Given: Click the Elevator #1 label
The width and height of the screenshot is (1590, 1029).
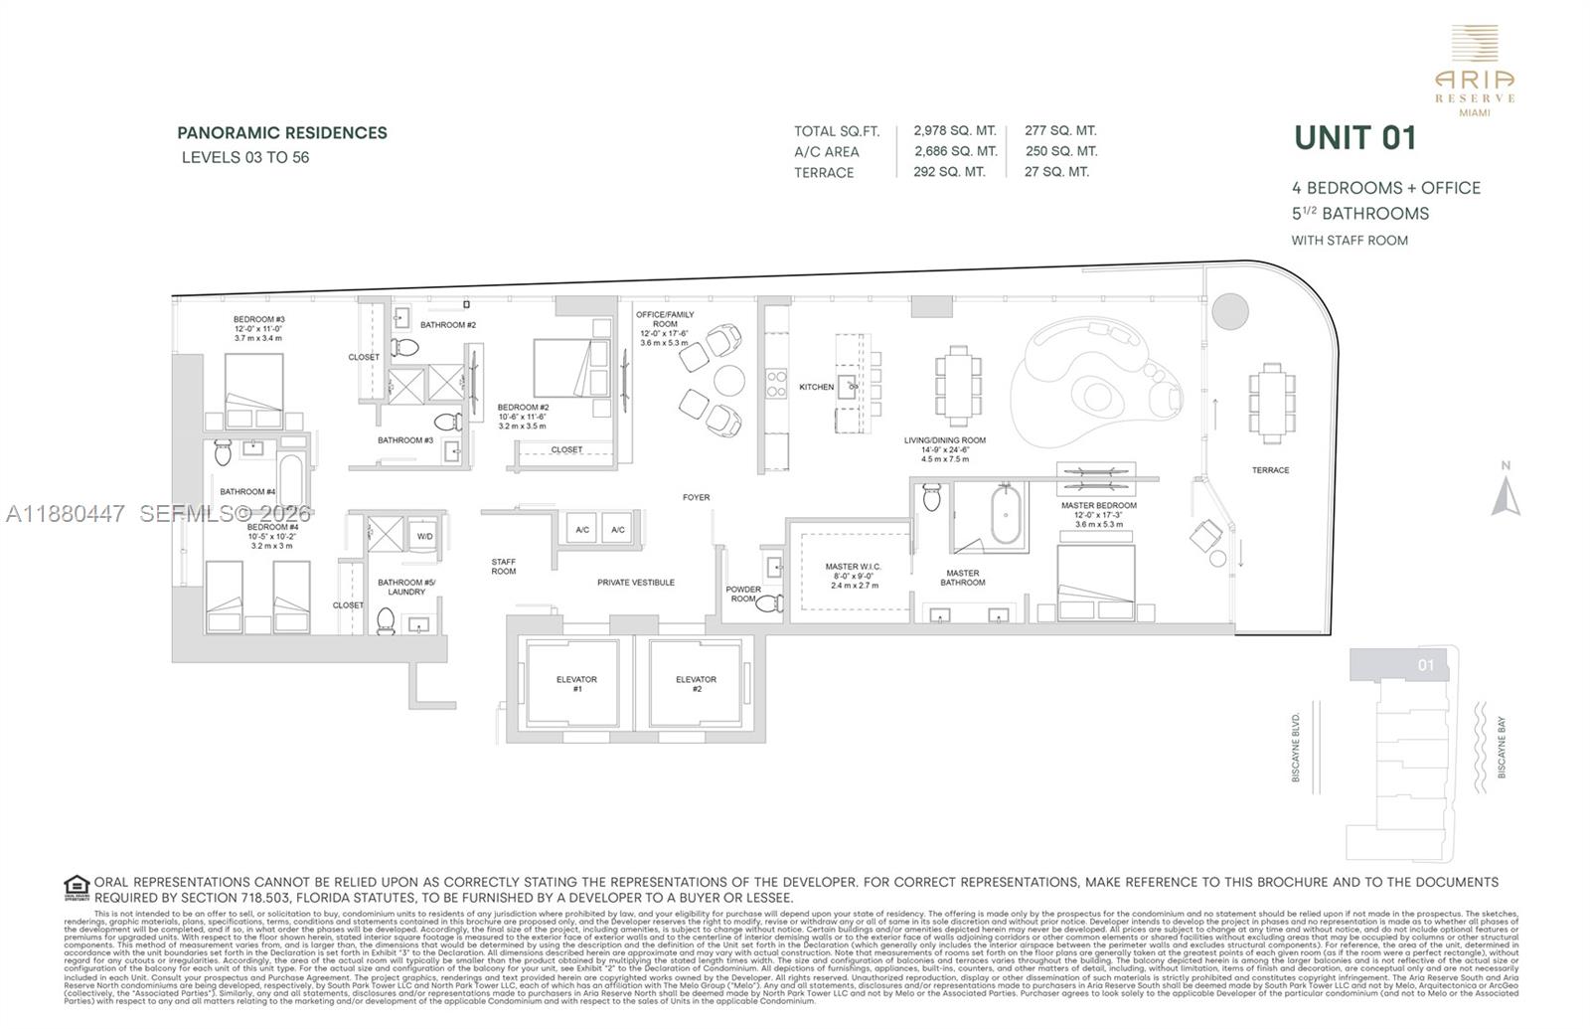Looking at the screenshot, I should click(x=576, y=684).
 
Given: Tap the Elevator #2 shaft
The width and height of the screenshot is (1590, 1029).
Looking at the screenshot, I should click(x=696, y=684).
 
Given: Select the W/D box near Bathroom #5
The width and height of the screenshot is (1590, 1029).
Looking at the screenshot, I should click(x=425, y=536).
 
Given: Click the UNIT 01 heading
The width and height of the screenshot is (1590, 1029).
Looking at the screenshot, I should click(x=1354, y=138).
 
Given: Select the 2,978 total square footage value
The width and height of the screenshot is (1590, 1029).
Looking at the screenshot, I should click(x=954, y=130).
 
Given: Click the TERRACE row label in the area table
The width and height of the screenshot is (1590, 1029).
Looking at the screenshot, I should click(x=824, y=172).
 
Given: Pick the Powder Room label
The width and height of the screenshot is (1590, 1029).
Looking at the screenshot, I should click(x=743, y=594).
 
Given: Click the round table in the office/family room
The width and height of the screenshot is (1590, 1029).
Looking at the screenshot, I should click(x=729, y=380).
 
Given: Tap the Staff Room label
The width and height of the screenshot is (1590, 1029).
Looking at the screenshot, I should click(x=504, y=566).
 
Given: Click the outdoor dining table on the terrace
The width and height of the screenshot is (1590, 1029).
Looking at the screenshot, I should click(x=1271, y=402).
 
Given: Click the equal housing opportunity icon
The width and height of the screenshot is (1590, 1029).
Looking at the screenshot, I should click(x=77, y=887).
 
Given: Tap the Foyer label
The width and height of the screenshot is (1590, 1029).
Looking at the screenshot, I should click(x=696, y=497).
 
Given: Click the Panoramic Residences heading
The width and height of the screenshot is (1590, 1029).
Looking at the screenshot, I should click(x=282, y=132).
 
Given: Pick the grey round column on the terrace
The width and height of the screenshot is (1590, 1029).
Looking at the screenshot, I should click(x=1229, y=310).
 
